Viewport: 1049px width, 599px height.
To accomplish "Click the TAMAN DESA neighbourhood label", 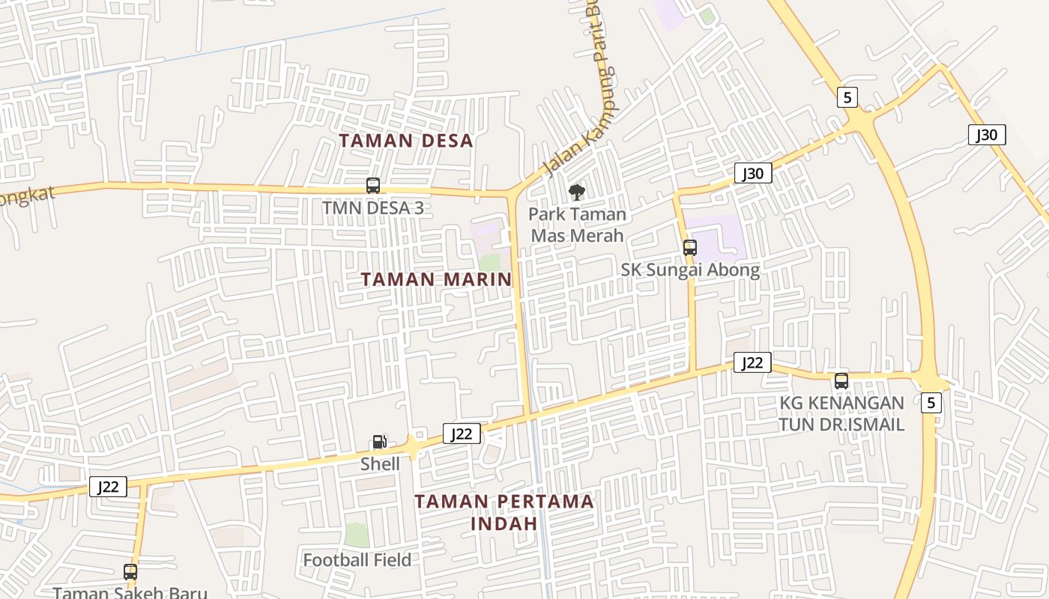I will point(405,141).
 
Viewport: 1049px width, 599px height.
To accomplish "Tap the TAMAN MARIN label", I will point(436,279).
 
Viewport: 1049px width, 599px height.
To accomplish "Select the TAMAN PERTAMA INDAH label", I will point(505,511).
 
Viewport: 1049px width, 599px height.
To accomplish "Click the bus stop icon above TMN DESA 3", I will point(372,186).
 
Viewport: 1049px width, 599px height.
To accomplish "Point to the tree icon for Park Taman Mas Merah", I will point(576,192).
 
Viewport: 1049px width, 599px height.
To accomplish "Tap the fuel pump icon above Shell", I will point(380,442).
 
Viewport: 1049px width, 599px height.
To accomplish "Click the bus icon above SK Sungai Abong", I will point(689,248).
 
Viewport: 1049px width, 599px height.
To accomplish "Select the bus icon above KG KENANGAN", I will point(841,381).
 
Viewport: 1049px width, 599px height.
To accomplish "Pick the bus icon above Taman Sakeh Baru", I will point(130,572).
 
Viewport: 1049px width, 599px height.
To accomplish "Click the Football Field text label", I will point(357,559).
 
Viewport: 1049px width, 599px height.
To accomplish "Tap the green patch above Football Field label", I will point(357,535).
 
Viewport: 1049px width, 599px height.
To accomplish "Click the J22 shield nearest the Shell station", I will point(462,434).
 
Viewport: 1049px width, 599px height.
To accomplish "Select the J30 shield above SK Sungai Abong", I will point(752,174).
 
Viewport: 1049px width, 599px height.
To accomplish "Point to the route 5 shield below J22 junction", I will point(931,402).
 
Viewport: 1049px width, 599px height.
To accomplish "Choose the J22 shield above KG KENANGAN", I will point(752,363).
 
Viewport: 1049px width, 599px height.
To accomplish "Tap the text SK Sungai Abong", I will point(690,270).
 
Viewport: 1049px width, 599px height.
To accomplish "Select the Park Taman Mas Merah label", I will point(577,225).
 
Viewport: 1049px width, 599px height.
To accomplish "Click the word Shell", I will point(380,463).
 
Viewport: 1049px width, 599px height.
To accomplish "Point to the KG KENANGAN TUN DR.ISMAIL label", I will point(841,413).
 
